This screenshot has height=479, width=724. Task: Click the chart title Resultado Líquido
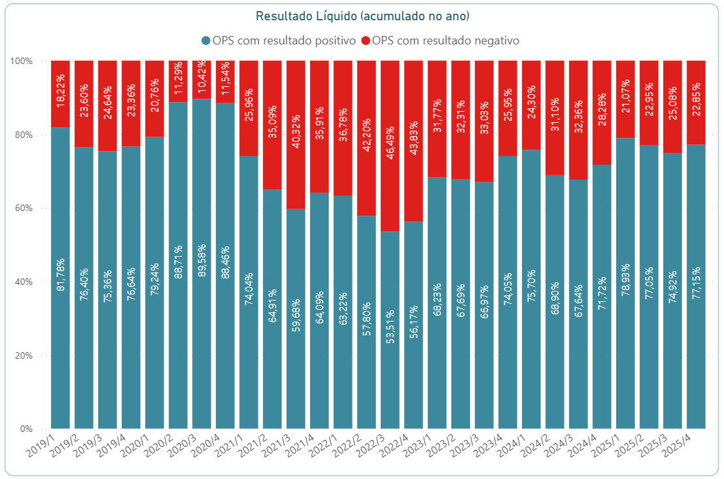pos(362,16)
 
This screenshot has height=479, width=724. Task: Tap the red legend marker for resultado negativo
pos(365,41)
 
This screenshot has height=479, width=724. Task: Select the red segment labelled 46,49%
pos(390,146)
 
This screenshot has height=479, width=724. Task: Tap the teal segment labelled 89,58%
pos(201,261)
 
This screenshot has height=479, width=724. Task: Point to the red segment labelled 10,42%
pos(201,80)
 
